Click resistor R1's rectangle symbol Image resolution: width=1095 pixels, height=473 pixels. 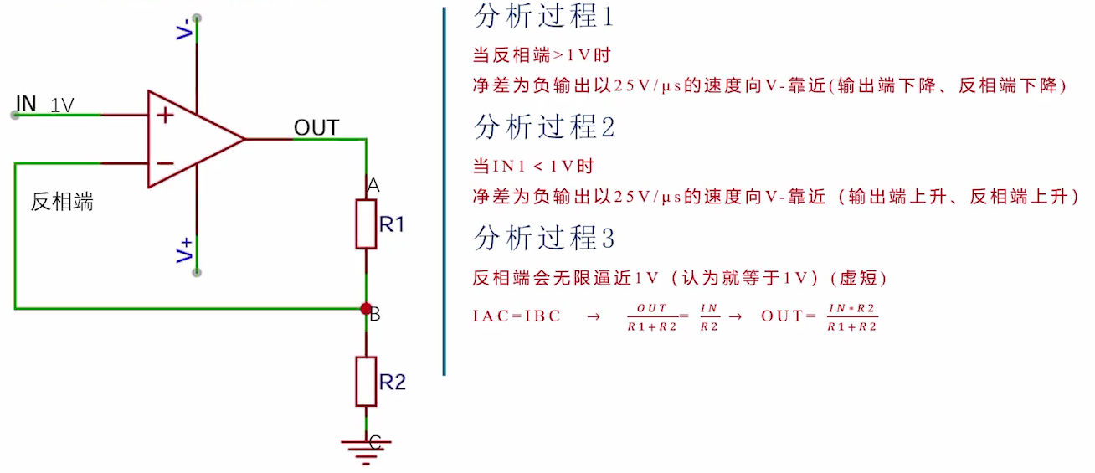(x=366, y=224)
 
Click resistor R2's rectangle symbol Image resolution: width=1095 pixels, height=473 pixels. (x=366, y=382)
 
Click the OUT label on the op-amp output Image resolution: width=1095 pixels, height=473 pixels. (x=316, y=128)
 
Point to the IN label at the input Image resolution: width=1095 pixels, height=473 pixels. (x=27, y=103)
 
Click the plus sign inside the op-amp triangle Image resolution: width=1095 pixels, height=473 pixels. (x=166, y=115)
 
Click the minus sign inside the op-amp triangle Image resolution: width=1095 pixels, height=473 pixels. (x=166, y=163)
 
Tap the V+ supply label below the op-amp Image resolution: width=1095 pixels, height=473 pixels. (x=184, y=250)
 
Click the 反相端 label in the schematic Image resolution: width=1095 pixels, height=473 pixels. (x=62, y=202)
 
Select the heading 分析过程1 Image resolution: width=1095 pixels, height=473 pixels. (x=544, y=16)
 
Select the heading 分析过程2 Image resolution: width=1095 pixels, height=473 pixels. (x=544, y=127)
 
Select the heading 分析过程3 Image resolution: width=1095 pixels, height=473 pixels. (x=544, y=239)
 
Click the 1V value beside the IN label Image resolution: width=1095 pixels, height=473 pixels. (x=62, y=105)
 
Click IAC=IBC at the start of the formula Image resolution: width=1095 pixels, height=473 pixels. (x=516, y=316)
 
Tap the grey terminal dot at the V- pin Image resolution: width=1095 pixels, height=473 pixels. (x=197, y=17)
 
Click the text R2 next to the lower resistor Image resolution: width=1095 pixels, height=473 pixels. (x=392, y=383)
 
